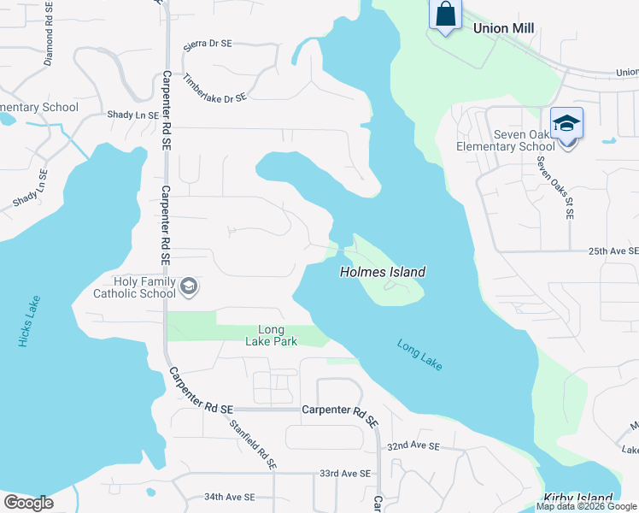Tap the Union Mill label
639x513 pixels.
click(x=503, y=28)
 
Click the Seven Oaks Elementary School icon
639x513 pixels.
click(x=566, y=123)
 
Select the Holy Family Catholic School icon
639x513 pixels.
click(x=190, y=287)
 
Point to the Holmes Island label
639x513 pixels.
click(x=383, y=272)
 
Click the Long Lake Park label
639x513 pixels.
click(x=278, y=335)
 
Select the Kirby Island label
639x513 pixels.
click(x=578, y=498)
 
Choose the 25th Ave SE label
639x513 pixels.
click(x=613, y=251)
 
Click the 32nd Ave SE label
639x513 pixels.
click(x=413, y=446)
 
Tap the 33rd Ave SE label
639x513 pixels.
click(x=345, y=473)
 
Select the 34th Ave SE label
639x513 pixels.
click(x=229, y=497)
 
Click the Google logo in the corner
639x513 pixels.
click(x=28, y=503)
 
